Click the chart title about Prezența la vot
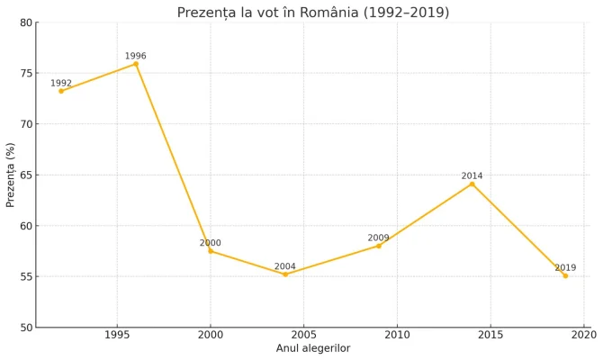click(313, 13)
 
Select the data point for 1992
click(61, 91)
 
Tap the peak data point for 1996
click(136, 64)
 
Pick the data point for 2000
click(211, 251)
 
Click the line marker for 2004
click(285, 274)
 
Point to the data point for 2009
click(379, 246)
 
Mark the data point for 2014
click(472, 184)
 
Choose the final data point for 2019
click(565, 275)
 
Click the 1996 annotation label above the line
click(136, 56)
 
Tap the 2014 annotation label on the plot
click(472, 175)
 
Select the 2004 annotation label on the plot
click(285, 266)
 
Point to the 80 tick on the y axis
click(27, 22)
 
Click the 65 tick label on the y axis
click(27, 175)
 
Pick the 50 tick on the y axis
click(27, 328)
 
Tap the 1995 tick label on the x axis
click(117, 335)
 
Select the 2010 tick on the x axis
click(397, 335)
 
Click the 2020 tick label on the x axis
click(583, 335)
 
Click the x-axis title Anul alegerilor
click(313, 348)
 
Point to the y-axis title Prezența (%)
click(11, 175)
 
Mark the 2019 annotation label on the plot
click(565, 267)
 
